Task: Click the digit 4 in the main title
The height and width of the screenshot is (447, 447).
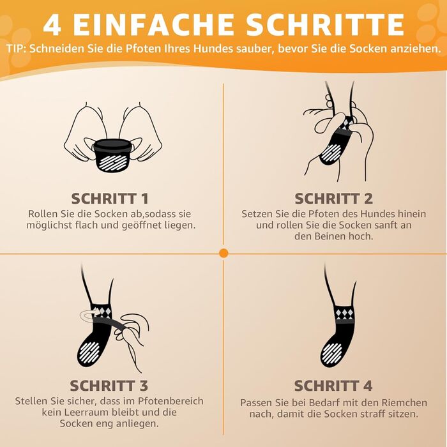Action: tap(52, 25)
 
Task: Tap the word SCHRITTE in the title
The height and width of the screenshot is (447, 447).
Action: tap(325, 24)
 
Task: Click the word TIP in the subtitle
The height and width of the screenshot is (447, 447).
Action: tap(15, 49)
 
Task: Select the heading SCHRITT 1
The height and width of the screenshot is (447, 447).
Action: tap(110, 199)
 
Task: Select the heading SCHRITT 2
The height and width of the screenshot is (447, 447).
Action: tap(333, 199)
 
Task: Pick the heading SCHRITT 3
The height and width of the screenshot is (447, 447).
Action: tap(109, 386)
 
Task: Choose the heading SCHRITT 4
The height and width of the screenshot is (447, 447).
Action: tap(333, 386)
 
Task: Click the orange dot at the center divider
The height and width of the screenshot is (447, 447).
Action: tap(223, 253)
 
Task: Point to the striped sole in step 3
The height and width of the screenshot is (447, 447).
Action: tap(89, 351)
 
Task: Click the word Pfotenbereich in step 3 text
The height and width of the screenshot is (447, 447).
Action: tap(170, 401)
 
